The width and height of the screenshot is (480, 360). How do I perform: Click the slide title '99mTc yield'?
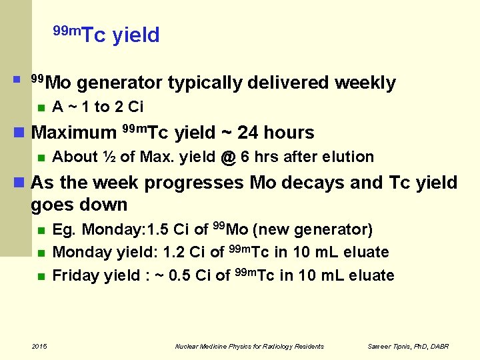(x=106, y=34)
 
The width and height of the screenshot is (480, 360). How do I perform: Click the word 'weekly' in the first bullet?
(x=365, y=83)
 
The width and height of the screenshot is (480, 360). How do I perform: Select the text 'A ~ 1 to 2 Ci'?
(x=97, y=107)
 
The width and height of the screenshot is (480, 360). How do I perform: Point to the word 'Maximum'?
(x=74, y=133)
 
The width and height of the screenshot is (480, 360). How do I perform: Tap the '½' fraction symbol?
(x=110, y=157)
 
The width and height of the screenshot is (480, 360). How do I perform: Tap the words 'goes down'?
(x=79, y=204)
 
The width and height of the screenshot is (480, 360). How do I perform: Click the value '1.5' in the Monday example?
(x=159, y=230)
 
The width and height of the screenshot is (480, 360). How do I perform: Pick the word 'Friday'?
(x=76, y=275)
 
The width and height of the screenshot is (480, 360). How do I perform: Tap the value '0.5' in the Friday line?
(x=177, y=275)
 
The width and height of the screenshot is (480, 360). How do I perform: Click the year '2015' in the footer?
(x=39, y=346)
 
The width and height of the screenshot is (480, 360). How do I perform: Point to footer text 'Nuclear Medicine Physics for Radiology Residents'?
(x=249, y=347)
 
